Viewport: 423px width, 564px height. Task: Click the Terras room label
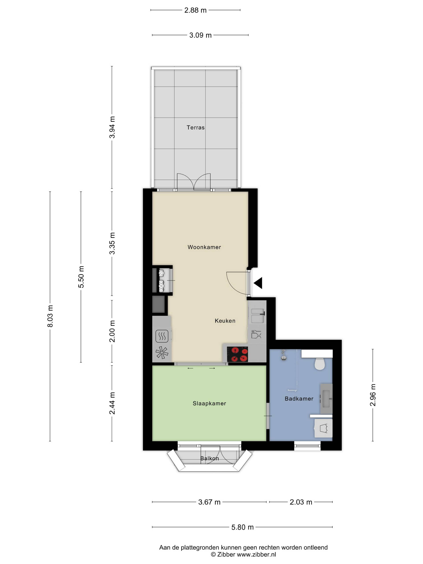pos(195,127)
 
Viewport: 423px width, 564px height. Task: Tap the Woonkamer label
pos(204,247)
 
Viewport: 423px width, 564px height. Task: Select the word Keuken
pos(225,321)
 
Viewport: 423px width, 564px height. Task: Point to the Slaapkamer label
pos(209,403)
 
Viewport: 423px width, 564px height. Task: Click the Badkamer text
pos(299,398)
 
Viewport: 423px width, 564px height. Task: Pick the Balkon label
pos(209,458)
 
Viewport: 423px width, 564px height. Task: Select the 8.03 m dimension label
pos(50,316)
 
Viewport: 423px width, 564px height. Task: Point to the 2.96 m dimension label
pos(373,395)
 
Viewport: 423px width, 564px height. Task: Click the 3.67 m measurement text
pos(209,502)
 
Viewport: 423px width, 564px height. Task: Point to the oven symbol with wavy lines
pos(162,336)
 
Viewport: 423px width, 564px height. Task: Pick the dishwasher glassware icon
pos(256,334)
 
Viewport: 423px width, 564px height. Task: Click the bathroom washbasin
pos(326,399)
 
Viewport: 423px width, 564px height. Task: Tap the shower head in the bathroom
pos(284,355)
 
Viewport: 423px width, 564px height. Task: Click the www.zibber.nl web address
pos(256,554)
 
